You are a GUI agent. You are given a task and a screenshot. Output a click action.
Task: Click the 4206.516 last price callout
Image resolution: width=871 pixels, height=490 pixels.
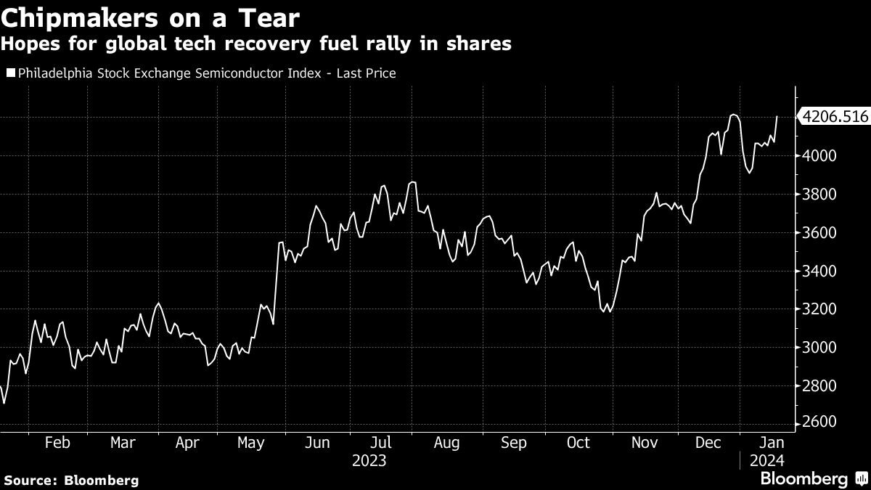tap(834, 116)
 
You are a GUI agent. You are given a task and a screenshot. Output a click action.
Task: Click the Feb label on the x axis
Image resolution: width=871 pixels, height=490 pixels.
tap(57, 444)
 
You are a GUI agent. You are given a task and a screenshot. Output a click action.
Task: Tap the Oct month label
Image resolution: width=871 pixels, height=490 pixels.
tap(578, 444)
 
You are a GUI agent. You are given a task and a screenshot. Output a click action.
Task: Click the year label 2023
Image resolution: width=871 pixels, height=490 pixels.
tap(369, 461)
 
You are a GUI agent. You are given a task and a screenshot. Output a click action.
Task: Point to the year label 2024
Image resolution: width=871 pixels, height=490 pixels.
tap(766, 461)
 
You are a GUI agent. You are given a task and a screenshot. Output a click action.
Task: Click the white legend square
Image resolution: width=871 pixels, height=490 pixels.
tap(10, 73)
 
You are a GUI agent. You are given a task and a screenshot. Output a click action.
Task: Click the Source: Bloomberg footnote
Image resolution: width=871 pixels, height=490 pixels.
tap(70, 480)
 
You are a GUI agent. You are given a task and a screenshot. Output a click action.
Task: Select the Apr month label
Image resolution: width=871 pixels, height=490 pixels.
tap(189, 444)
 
